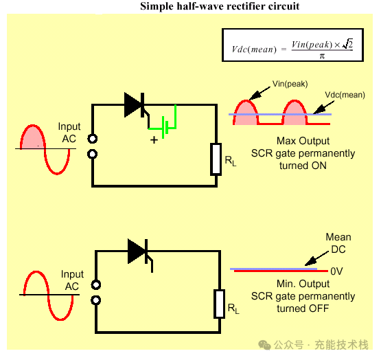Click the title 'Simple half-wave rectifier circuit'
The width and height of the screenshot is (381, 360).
pyautogui.click(x=220, y=6)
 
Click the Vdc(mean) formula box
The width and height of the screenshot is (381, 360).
pyautogui.click(x=292, y=45)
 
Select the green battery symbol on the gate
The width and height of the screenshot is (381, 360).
pyautogui.click(x=165, y=127)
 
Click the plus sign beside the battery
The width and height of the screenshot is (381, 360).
pyautogui.click(x=154, y=140)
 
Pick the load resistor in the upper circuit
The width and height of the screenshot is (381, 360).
pyautogui.click(x=216, y=159)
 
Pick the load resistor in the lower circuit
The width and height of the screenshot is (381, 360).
pyautogui.click(x=219, y=304)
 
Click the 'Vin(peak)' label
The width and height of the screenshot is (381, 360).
pyautogui.click(x=290, y=84)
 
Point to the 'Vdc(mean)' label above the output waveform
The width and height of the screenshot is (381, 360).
pyautogui.click(x=345, y=95)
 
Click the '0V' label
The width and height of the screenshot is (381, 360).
pyautogui.click(x=336, y=271)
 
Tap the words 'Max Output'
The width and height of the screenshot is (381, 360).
pyautogui.click(x=303, y=141)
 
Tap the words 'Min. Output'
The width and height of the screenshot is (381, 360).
pyautogui.click(x=303, y=284)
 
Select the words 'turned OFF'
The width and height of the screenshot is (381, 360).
pyautogui.click(x=303, y=308)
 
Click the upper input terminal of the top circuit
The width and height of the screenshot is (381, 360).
pyautogui.click(x=93, y=139)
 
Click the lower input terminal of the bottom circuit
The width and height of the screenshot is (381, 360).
pyautogui.click(x=95, y=300)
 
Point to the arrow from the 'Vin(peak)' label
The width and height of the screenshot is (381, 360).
pyautogui.click(x=259, y=93)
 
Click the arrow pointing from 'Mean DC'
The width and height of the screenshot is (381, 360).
pyautogui.click(x=316, y=258)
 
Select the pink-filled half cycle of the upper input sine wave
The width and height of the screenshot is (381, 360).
pyautogui.click(x=32, y=137)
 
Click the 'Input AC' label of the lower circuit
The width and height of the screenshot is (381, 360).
pyautogui.click(x=72, y=280)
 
